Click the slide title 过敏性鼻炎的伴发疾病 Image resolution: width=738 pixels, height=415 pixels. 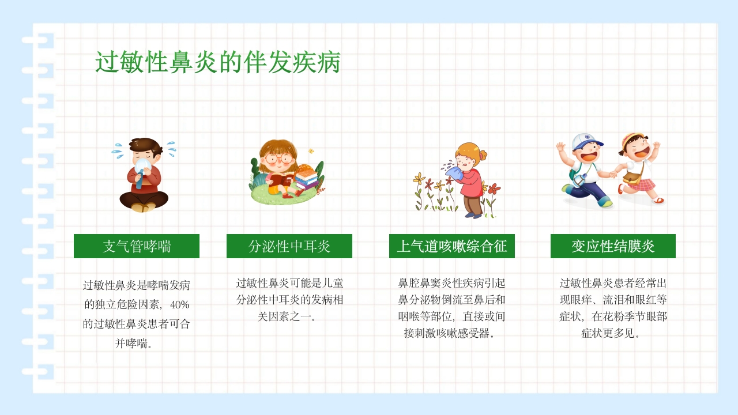pos(217,63)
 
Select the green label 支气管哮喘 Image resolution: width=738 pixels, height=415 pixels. pos(137,246)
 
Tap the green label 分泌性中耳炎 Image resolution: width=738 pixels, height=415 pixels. pos(289,246)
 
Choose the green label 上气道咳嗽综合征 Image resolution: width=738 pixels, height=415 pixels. pos(452,246)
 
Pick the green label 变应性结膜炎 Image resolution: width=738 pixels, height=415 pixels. pos(613,246)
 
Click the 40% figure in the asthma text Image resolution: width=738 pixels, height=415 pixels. pos(179,304)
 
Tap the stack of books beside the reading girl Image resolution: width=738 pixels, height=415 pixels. pos(307,179)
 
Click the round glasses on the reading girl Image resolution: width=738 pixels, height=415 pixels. pos(278,158)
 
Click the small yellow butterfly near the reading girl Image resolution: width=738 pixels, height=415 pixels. pos(311,151)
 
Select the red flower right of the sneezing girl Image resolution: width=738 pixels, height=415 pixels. pos(493,188)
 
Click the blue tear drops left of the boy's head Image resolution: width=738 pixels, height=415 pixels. pos(118,151)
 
